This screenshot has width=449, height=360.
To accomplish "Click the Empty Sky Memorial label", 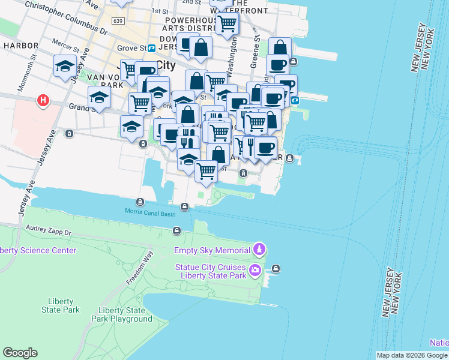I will pos(212,250).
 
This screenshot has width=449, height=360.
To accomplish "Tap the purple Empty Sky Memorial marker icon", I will pos(259,249).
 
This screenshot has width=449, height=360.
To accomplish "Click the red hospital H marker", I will pos(43,101).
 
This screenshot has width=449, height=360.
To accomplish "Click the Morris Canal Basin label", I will pos(150,212).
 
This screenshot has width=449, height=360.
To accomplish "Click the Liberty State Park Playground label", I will pos(125,314).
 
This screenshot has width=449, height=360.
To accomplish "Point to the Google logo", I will pos(20,353).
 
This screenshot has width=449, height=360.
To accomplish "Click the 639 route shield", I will pos(118,21).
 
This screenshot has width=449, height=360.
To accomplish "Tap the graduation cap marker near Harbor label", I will pos(64,67).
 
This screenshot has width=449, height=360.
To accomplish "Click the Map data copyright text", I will pos(412,355).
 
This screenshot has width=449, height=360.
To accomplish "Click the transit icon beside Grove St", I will pos(152,47).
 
